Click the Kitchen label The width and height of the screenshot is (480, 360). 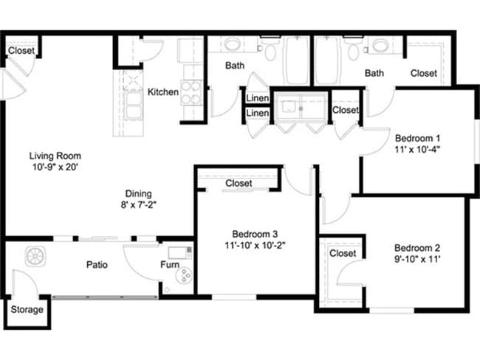[163, 91]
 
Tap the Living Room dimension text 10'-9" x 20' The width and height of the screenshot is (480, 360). [55, 167]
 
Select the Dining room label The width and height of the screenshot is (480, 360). [138, 193]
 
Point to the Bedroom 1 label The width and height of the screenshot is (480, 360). [417, 138]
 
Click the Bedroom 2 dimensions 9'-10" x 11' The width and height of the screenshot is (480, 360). [417, 260]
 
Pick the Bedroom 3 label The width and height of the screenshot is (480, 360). [255, 234]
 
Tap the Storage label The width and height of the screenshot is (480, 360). [27, 310]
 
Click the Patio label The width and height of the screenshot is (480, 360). [97, 265]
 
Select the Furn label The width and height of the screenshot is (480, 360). [170, 265]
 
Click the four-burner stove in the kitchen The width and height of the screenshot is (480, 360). [191, 92]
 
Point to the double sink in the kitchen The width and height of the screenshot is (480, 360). [134, 105]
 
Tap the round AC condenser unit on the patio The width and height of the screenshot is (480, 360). [35, 256]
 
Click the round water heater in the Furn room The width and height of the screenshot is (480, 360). [184, 276]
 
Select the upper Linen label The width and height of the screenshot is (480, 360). [258, 98]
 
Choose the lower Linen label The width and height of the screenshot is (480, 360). [258, 113]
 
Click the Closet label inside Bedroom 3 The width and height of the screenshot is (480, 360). [239, 183]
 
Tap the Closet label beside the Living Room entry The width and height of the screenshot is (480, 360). [21, 50]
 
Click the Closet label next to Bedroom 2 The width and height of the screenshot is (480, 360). [343, 253]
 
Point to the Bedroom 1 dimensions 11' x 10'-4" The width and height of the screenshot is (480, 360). [417, 150]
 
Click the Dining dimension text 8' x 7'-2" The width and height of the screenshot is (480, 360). [139, 205]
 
